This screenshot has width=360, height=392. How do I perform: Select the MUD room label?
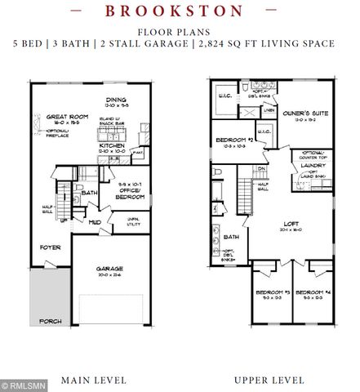coord(95,220)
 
